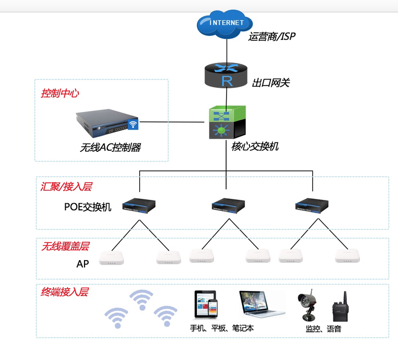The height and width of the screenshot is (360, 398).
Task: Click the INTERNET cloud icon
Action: point(226,25)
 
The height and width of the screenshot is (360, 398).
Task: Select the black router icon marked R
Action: point(226,76)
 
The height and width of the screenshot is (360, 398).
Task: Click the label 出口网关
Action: point(271,83)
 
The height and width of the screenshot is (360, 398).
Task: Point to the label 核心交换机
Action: point(255,146)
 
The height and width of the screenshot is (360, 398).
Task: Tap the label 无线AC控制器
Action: point(111,147)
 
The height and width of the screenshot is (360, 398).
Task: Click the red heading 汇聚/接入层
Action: point(66,187)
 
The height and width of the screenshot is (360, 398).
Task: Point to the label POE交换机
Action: point(88,207)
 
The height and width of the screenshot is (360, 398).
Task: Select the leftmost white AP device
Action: point(112,257)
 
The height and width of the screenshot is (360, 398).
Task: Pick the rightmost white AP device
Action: point(348,256)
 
